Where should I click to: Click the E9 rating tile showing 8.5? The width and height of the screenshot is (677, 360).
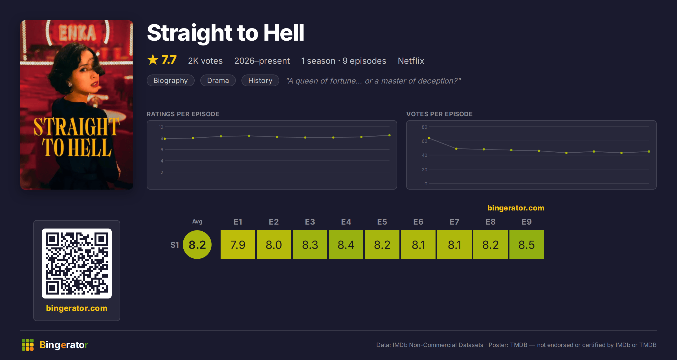[527, 245]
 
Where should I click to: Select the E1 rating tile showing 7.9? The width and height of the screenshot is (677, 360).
[238, 245]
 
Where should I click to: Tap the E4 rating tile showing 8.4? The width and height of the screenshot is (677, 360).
[346, 245]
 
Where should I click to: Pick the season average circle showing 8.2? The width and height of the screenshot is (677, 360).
[197, 245]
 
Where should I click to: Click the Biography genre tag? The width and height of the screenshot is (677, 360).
[171, 80]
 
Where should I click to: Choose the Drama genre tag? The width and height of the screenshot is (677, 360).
[218, 80]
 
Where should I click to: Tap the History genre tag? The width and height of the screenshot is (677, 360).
[260, 80]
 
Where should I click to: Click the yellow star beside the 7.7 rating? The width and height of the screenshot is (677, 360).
[153, 60]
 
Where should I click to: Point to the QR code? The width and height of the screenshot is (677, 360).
[77, 264]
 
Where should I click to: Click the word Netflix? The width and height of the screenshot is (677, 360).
[411, 61]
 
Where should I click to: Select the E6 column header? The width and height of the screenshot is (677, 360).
[418, 222]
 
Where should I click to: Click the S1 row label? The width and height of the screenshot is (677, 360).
[175, 245]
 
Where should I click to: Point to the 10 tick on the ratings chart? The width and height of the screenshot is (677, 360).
[161, 127]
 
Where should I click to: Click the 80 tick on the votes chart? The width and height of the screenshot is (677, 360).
[425, 127]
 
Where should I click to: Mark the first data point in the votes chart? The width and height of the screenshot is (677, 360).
[429, 138]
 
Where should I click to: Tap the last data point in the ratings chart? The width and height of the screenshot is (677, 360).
[390, 135]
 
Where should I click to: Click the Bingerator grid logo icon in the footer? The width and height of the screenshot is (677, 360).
[28, 345]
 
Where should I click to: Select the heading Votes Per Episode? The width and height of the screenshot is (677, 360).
[439, 114]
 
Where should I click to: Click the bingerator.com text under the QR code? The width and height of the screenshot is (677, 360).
[77, 308]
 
